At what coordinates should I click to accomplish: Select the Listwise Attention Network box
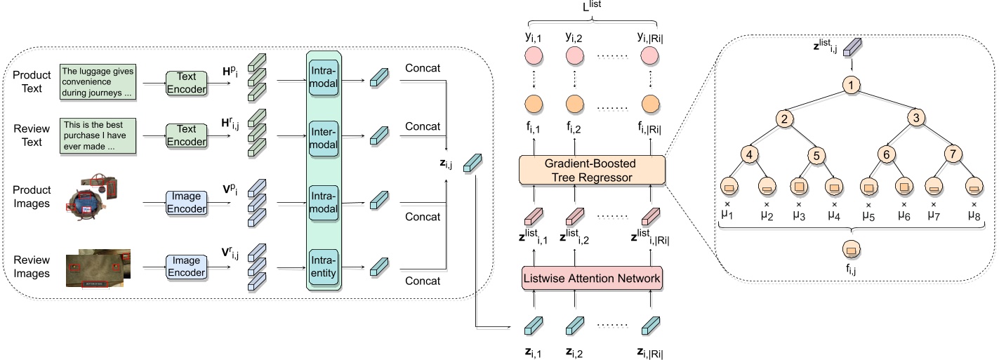pos(592,279)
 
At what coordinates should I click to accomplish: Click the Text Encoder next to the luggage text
pos(187,81)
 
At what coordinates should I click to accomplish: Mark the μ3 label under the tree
pos(798,215)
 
